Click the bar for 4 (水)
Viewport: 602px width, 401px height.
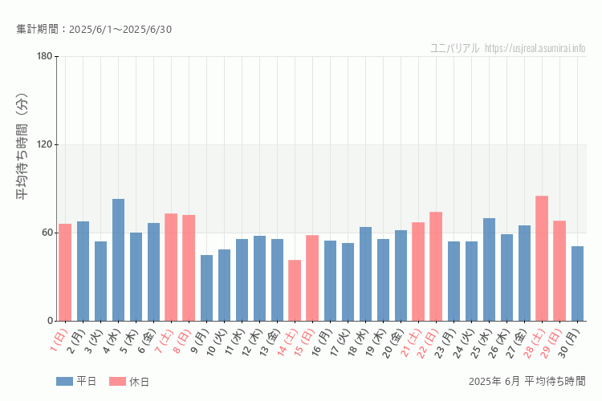click(x=118, y=260)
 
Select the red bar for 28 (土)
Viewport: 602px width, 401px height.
click(x=542, y=258)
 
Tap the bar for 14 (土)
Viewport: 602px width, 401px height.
click(x=295, y=290)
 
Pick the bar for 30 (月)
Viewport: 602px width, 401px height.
click(x=577, y=283)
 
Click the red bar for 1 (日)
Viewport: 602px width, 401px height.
click(x=65, y=272)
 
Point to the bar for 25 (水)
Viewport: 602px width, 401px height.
click(x=489, y=269)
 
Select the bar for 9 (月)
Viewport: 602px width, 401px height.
click(x=206, y=288)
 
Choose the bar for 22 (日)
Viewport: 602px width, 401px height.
click(x=436, y=266)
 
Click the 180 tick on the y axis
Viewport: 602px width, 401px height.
click(x=44, y=56)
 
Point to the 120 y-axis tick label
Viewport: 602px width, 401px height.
click(x=44, y=144)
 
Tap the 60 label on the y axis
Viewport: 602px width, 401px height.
click(x=47, y=233)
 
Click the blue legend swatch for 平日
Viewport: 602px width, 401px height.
click(x=64, y=381)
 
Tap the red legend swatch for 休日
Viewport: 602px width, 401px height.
click(x=117, y=381)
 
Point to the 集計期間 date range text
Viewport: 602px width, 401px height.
click(x=94, y=30)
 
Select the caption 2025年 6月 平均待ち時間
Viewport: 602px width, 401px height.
click(x=527, y=380)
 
